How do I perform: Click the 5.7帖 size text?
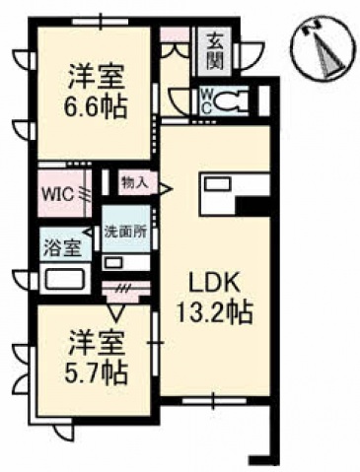[97, 371]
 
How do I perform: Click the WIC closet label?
[55, 191]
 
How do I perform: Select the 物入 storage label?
[133, 181]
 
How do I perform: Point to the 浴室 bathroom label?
[62, 248]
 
